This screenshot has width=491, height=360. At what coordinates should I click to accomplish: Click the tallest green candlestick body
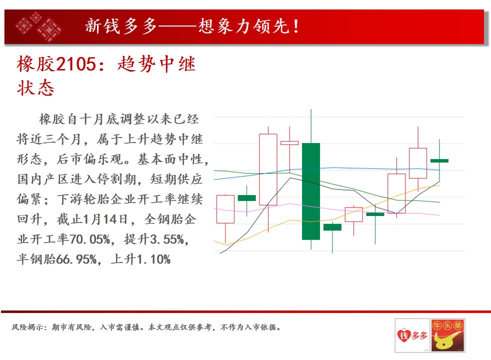tap(311, 191)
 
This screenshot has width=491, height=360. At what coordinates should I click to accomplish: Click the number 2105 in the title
tap(76, 64)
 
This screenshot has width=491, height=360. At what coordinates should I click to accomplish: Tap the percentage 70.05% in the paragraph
tap(89, 239)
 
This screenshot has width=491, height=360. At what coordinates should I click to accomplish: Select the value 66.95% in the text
tap(76, 259)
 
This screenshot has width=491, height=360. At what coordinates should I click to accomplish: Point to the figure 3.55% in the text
tap(167, 239)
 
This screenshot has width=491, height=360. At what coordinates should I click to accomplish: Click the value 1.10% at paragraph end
tap(153, 259)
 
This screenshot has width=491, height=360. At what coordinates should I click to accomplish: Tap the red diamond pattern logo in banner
tap(38, 26)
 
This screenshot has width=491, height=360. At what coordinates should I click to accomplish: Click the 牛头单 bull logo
tap(447, 335)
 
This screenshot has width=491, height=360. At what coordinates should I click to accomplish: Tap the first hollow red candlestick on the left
tap(225, 209)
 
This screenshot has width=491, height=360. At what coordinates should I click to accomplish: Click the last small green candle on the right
tap(439, 160)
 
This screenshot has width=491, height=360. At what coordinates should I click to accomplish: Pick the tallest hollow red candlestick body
tap(268, 169)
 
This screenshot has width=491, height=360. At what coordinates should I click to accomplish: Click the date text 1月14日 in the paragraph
tap(105, 219)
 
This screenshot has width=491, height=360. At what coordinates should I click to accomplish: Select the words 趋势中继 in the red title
tap(156, 64)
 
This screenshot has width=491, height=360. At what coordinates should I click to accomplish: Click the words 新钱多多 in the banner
tap(121, 26)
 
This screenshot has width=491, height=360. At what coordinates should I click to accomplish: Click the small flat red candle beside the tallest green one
tap(289, 143)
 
